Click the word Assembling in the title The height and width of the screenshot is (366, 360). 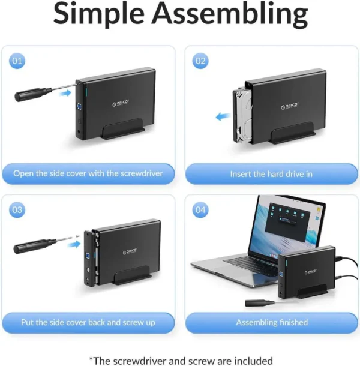(230, 14)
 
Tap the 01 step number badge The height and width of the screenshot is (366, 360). (17, 61)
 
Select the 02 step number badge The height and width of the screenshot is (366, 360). (200, 61)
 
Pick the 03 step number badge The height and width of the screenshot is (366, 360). (17, 209)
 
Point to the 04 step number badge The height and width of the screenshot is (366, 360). (200, 209)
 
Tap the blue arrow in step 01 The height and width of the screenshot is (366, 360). (65, 93)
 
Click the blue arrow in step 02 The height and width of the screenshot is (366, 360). (223, 116)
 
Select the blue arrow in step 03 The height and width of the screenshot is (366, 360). (74, 244)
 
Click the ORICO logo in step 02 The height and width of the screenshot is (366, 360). (289, 106)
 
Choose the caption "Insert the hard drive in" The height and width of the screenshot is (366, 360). (271, 174)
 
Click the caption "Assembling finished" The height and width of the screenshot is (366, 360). (272, 322)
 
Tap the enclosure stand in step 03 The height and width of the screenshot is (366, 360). (131, 276)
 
